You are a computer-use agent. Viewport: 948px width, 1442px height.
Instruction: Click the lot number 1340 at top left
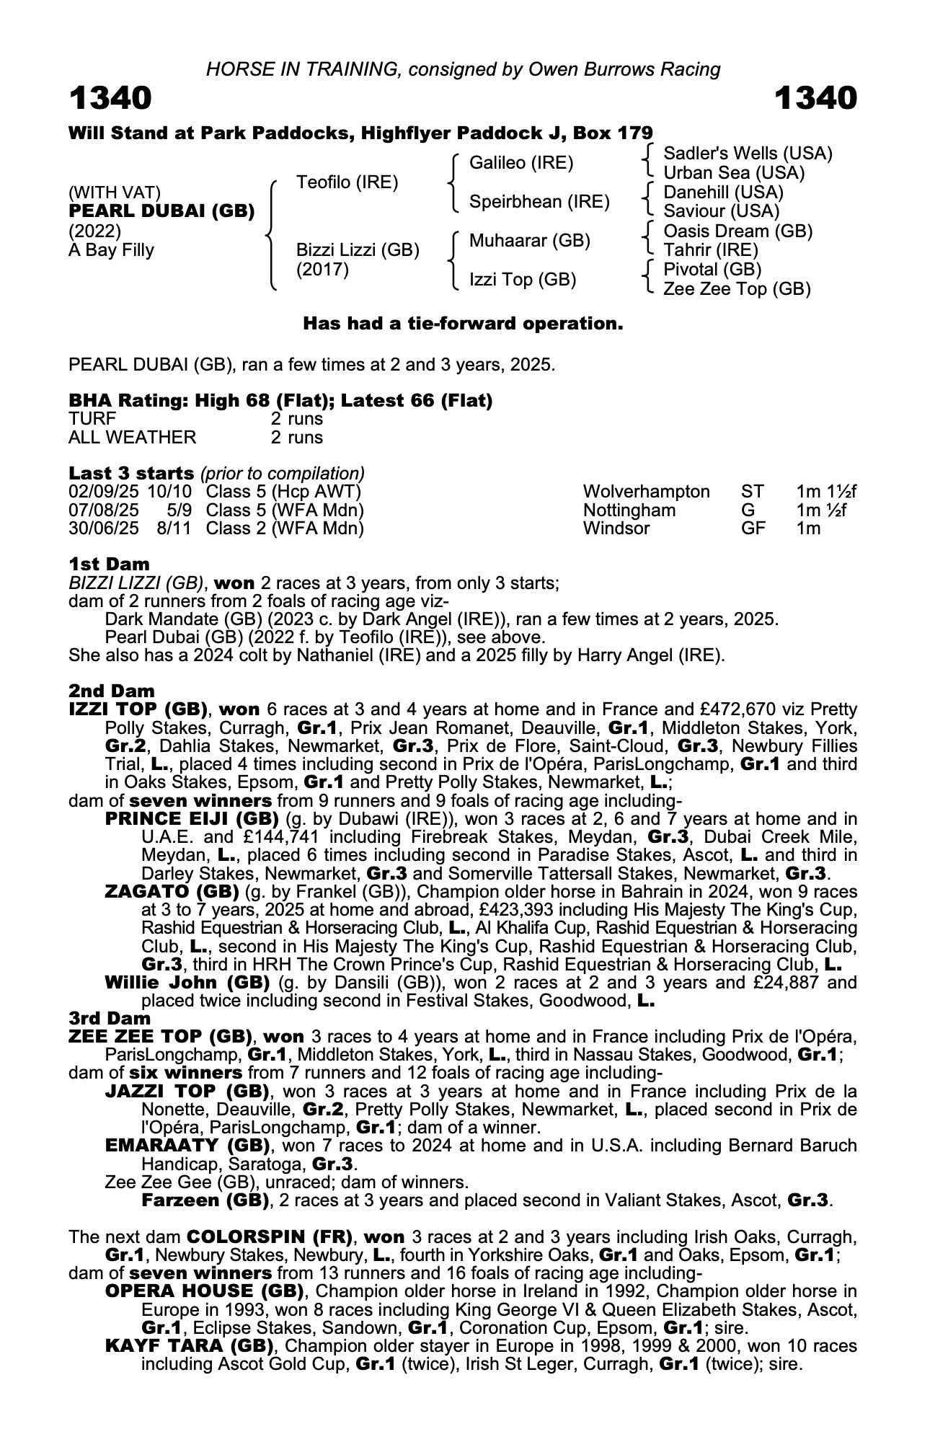point(110,98)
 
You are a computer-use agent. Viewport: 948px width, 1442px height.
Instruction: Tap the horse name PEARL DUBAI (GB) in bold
point(161,211)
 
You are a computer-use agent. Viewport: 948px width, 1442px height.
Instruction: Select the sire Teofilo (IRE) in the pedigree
point(347,182)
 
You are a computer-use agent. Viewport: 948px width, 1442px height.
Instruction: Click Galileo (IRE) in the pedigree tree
point(520,163)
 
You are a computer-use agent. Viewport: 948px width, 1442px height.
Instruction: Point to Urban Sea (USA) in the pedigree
point(734,173)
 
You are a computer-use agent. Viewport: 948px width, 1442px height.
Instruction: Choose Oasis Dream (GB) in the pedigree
point(737,231)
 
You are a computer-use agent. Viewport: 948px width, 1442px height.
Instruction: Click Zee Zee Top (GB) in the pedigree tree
point(737,289)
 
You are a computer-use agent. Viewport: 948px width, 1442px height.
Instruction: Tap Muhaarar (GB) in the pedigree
point(529,241)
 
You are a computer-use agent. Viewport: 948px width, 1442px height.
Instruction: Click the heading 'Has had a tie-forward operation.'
point(463,324)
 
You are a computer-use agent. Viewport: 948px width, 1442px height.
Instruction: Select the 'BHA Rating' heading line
point(280,401)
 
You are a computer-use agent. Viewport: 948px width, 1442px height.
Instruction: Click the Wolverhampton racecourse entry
point(646,492)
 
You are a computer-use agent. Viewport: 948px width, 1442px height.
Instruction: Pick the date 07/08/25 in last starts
point(104,510)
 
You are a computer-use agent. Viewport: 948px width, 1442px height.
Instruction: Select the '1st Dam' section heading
point(109,564)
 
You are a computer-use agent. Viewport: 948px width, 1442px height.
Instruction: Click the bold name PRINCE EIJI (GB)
point(192,819)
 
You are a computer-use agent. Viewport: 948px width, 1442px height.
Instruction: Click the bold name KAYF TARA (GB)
point(189,1346)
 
